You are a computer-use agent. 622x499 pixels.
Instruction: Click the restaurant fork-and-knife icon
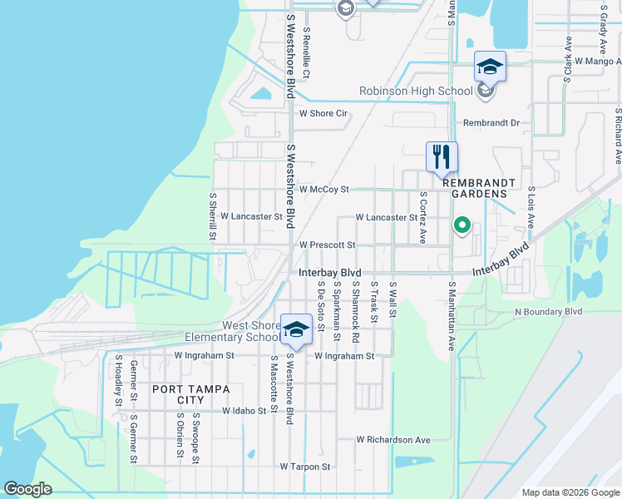[442, 156]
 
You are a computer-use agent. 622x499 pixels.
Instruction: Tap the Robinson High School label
[415, 91]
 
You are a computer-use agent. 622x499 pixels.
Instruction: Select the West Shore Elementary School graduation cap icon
[296, 329]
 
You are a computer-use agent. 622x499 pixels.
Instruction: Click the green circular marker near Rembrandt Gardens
[462, 225]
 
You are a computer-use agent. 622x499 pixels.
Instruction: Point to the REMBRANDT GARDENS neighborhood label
[474, 187]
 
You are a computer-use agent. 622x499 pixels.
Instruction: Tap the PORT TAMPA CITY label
[190, 394]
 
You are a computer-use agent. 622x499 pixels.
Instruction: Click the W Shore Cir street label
[323, 113]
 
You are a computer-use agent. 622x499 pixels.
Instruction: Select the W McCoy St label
[324, 190]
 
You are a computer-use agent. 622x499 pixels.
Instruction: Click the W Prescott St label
[328, 245]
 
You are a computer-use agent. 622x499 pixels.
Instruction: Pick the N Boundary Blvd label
[549, 312]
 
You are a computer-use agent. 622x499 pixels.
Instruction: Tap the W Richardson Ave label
[393, 439]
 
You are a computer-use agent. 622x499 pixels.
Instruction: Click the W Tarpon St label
[305, 467]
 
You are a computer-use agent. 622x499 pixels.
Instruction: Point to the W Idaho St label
[244, 411]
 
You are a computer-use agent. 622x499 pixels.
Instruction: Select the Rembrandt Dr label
[491, 123]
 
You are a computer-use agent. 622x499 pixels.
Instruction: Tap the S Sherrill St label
[213, 216]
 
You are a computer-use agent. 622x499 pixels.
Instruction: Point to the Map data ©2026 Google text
[570, 492]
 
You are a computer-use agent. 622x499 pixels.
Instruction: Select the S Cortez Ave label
[423, 217]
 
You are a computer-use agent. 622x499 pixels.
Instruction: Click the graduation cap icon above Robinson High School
[490, 67]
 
